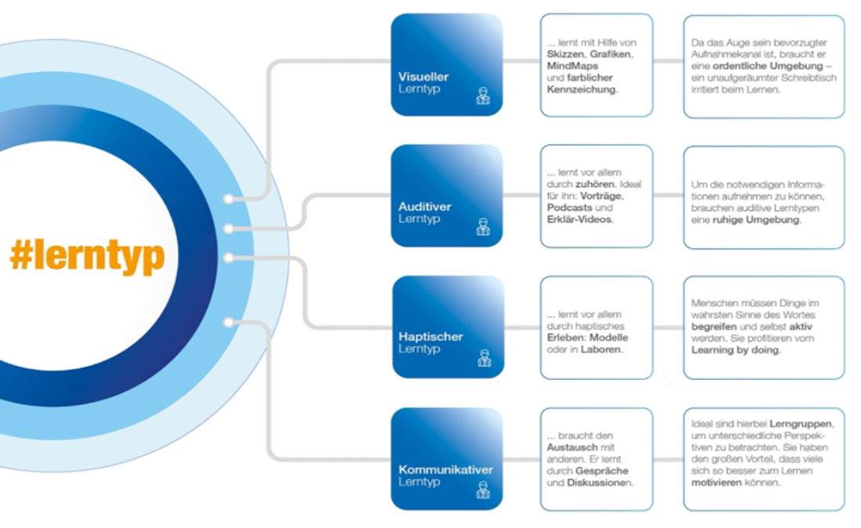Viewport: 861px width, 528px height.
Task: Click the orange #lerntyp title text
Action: [87, 256]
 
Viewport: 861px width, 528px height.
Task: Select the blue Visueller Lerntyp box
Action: [446, 65]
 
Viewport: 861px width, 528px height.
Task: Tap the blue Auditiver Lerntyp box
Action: [446, 195]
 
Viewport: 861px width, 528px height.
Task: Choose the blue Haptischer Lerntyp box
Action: [447, 326]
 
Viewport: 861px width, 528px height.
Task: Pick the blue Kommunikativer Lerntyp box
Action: [446, 458]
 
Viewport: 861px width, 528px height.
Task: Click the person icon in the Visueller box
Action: [483, 96]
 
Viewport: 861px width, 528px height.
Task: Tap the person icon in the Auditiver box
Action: [483, 227]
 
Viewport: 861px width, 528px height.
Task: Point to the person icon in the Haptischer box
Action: [483, 358]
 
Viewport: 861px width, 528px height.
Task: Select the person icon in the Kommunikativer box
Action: [483, 490]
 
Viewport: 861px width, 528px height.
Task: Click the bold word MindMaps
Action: [573, 66]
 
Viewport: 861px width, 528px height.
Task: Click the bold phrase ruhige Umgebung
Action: [758, 220]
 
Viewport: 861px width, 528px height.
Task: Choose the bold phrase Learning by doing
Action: [735, 350]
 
